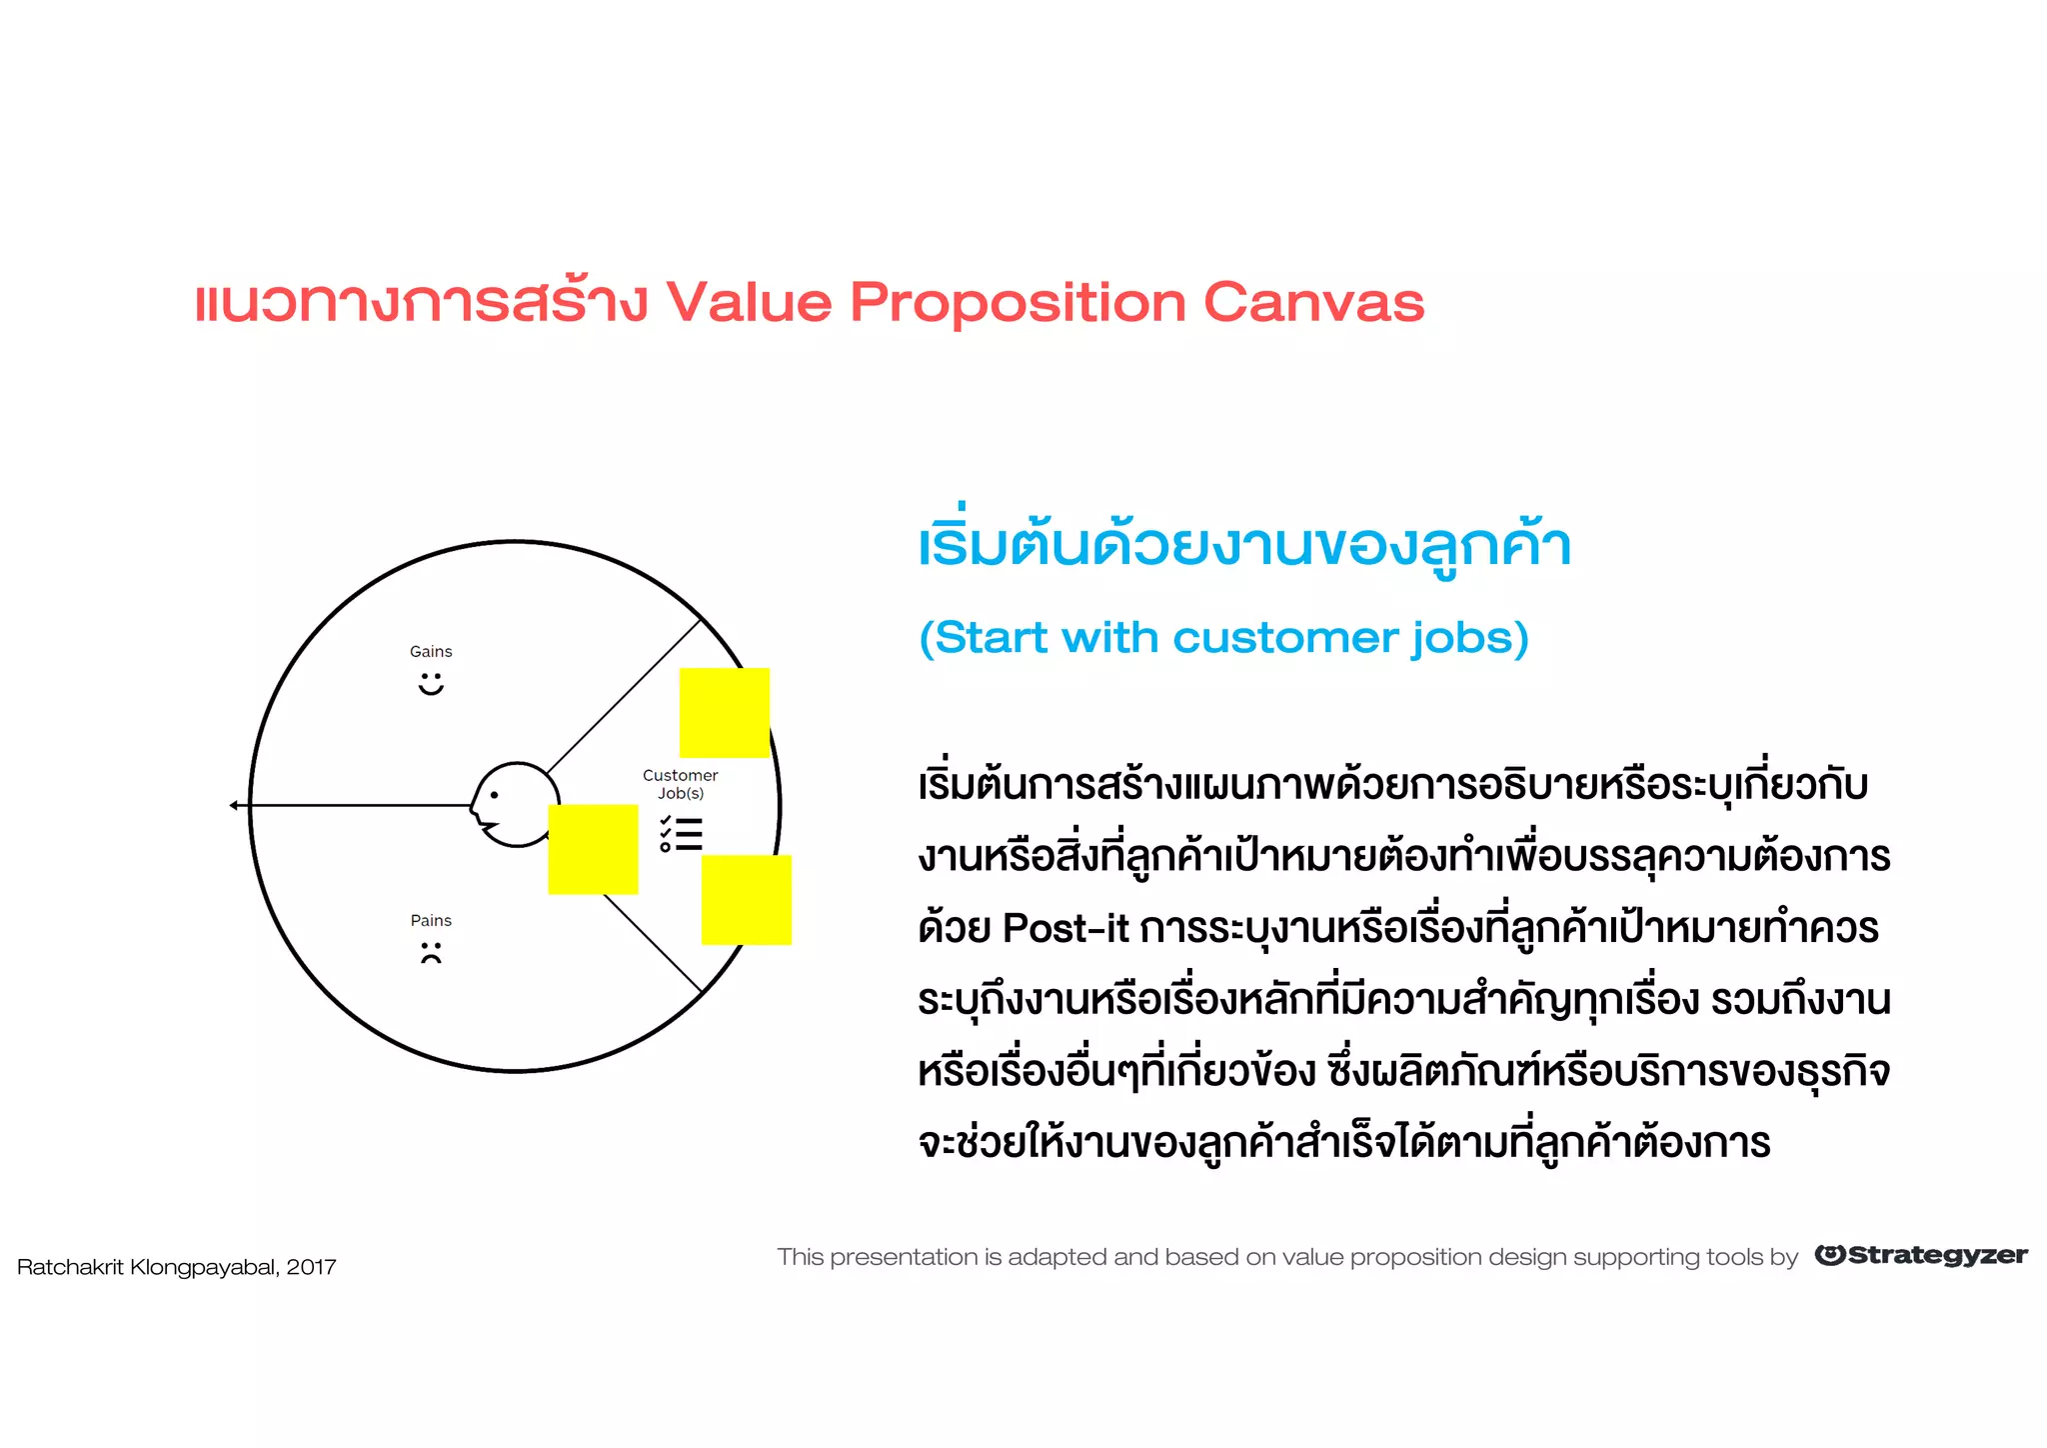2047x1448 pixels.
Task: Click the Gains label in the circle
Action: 431,652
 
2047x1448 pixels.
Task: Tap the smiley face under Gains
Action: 431,684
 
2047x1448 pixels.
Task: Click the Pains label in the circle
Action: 431,921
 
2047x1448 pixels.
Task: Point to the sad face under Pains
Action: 431,953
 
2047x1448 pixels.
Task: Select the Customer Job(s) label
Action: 680,784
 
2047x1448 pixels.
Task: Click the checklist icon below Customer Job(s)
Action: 681,834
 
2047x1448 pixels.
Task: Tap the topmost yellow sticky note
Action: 725,712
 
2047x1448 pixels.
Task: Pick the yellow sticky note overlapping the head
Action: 593,849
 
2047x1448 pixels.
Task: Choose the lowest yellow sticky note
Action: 747,900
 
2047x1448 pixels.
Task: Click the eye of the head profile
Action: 494,796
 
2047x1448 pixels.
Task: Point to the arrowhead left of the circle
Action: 234,805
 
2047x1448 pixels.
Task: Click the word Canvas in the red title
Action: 1313,302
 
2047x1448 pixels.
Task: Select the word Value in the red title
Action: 749,302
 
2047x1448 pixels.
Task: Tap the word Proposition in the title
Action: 1018,304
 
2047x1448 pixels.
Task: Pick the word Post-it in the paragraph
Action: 1065,929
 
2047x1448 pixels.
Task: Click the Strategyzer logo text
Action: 1936,1256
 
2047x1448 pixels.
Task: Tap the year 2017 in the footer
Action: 311,1268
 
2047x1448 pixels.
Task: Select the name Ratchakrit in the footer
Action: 70,1268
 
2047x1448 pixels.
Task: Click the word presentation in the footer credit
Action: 904,1258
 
